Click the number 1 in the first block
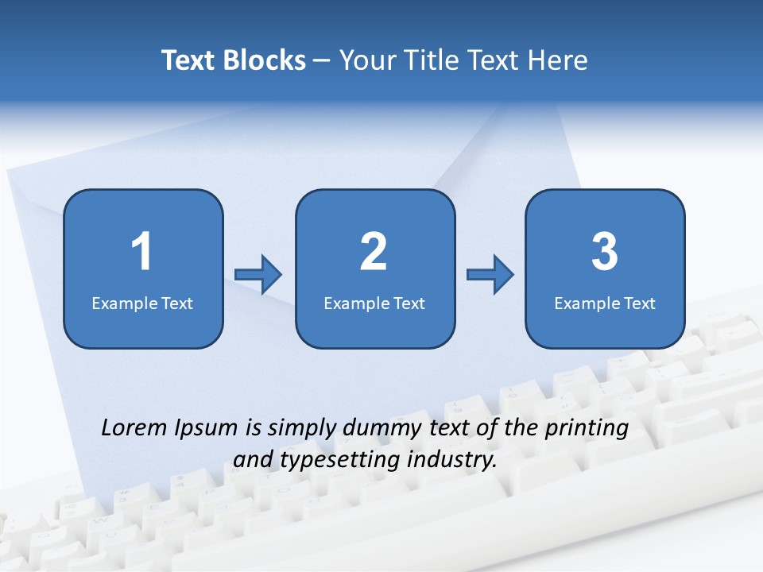142,252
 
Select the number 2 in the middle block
374,252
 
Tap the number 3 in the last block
605,252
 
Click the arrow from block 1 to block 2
258,275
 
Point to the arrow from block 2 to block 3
490,275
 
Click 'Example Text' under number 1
142,303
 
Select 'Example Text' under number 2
374,303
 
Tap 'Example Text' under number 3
605,303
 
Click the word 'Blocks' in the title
264,60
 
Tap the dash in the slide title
322,61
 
